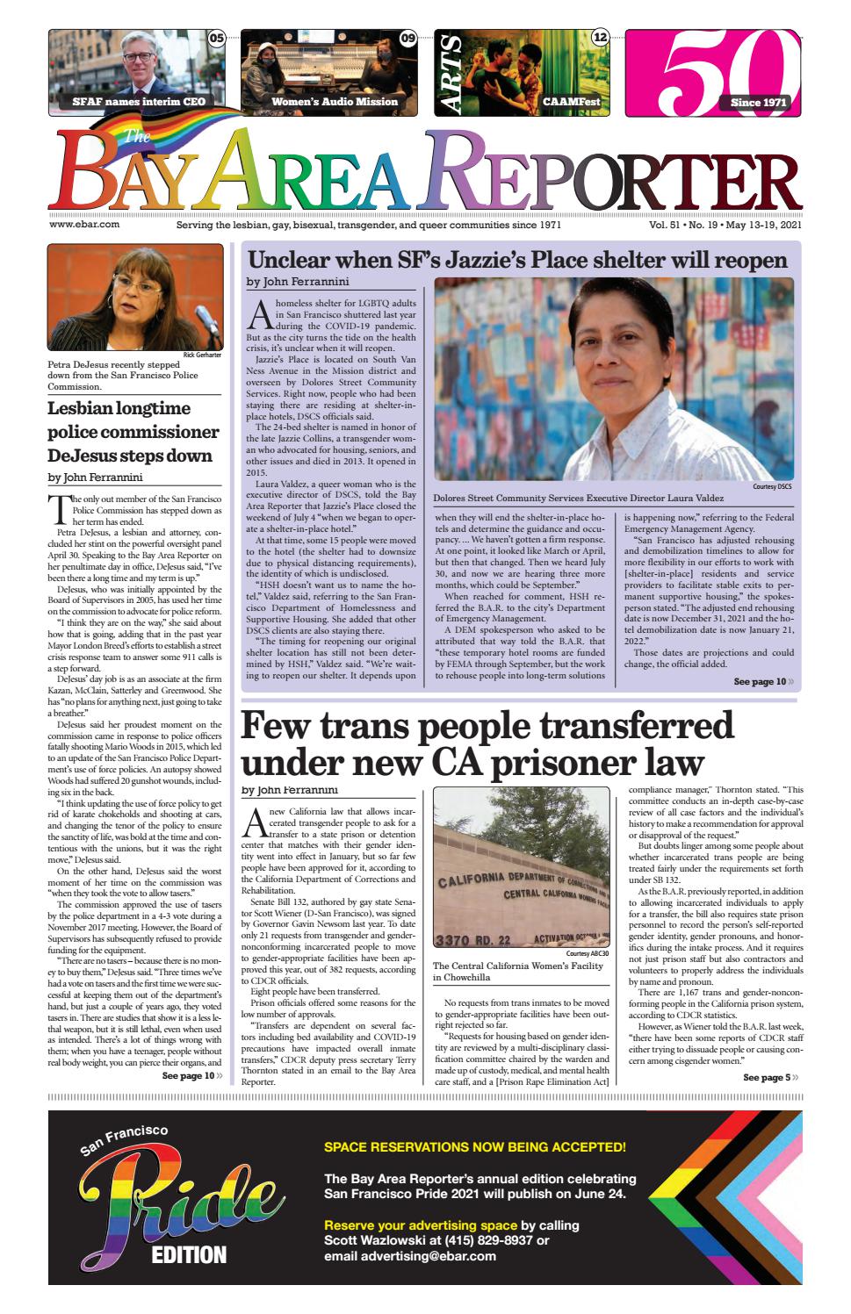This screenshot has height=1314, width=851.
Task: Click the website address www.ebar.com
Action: tap(84, 225)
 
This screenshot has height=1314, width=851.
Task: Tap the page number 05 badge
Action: tap(217, 38)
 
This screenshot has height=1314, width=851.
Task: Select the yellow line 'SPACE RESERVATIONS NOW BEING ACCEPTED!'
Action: tap(474, 1146)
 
